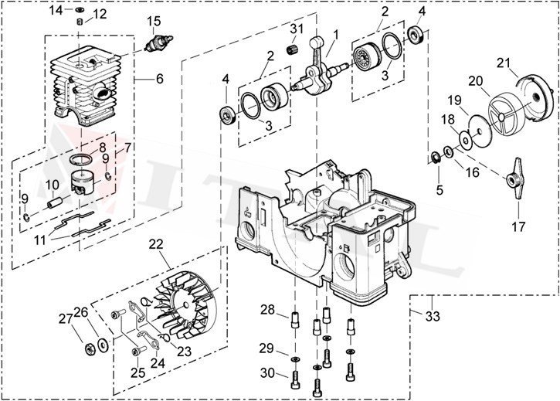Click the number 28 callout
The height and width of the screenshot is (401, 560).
coord(267,310)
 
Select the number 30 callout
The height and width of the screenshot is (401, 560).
coord(267,373)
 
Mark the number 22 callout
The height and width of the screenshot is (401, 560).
coord(156,243)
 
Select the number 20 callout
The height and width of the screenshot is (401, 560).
coord(476,80)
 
